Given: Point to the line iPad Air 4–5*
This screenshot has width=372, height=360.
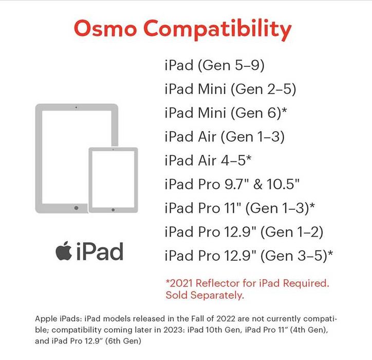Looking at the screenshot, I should coord(208,160).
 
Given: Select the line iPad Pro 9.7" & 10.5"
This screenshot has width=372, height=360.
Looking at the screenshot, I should coord(232,184).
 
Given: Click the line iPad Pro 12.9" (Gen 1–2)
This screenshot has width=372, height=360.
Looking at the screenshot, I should coord(244,231).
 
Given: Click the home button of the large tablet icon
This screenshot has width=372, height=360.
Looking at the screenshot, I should coord(77,208).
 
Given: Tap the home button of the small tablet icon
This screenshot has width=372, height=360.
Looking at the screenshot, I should coord(113,209).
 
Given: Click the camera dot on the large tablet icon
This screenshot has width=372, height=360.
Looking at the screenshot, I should coord(77,107).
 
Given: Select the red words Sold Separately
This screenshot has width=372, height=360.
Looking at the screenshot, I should coord(204,296).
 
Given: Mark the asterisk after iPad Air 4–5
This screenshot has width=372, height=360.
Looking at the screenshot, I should coord(249,158).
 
